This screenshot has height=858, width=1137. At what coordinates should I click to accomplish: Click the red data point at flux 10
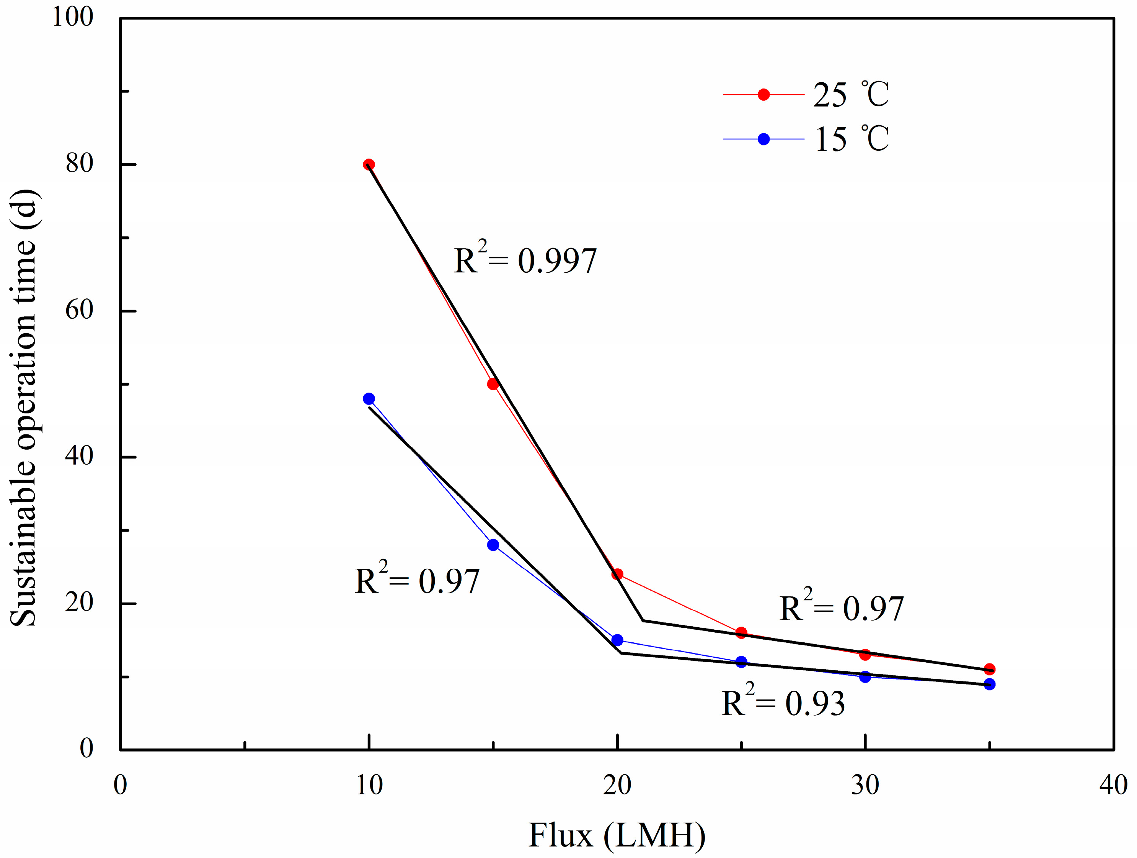[369, 165]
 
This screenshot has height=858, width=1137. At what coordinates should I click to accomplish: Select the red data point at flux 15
[493, 384]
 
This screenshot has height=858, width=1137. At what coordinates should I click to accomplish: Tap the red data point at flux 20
[617, 574]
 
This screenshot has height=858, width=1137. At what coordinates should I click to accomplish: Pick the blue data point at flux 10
[369, 399]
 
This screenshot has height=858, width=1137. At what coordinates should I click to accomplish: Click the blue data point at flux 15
[493, 545]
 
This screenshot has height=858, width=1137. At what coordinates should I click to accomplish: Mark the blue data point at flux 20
[617, 640]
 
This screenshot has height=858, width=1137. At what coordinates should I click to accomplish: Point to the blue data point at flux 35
[990, 684]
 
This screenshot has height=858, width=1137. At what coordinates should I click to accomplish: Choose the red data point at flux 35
[990, 669]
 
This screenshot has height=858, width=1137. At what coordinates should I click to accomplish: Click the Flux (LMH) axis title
[617, 835]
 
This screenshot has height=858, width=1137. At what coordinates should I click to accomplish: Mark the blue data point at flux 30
[865, 677]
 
